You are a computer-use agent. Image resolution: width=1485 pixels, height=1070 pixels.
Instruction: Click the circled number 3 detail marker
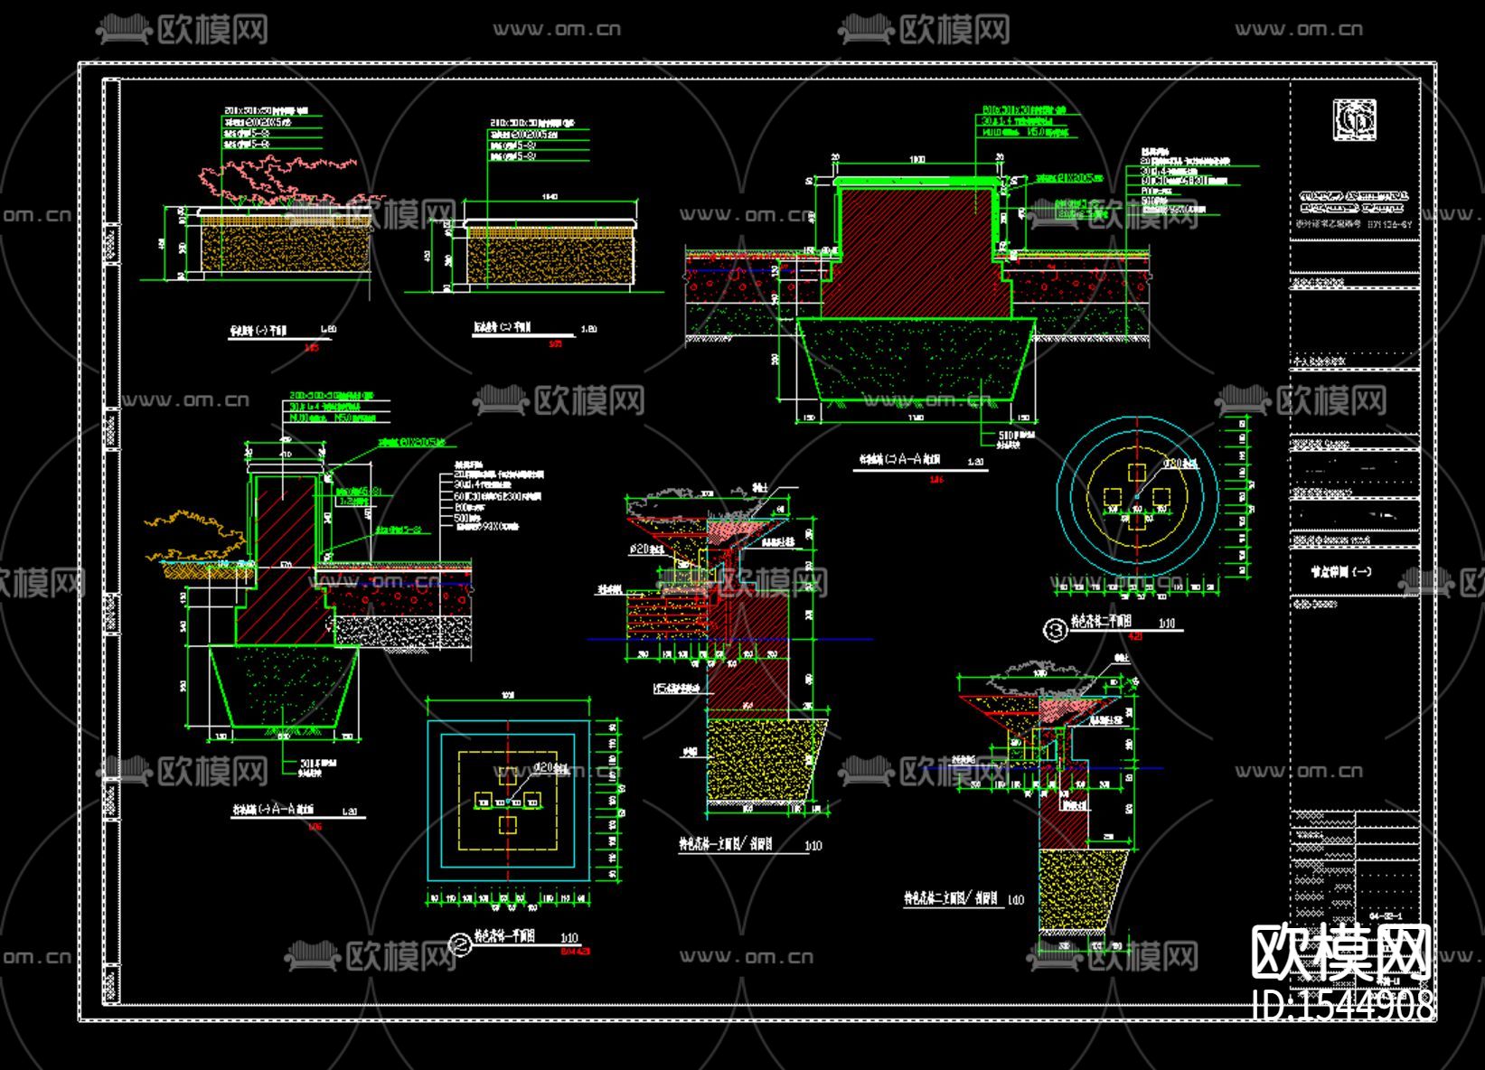pyautogui.click(x=1055, y=630)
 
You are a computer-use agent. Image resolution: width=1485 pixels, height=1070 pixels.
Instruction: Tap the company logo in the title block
pyautogui.click(x=1354, y=120)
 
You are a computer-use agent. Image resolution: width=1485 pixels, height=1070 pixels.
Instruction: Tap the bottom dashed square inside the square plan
pyautogui.click(x=508, y=823)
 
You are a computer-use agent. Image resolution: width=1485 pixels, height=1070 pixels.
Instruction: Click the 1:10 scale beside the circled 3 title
pyautogui.click(x=1167, y=624)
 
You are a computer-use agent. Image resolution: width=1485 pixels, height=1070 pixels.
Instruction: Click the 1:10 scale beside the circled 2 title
pyautogui.click(x=569, y=938)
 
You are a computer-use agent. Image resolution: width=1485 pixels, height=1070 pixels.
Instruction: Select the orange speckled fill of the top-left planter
pyautogui.click(x=285, y=249)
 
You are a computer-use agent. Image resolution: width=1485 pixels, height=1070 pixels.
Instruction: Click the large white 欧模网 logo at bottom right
pyautogui.click(x=1341, y=953)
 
